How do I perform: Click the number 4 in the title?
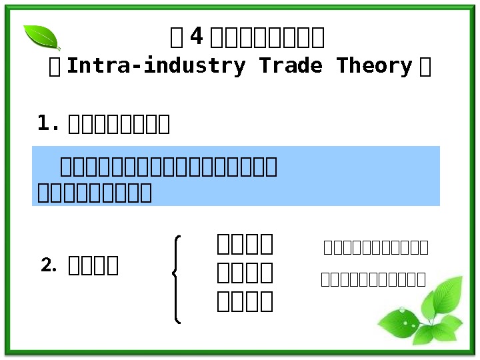pyautogui.click(x=196, y=38)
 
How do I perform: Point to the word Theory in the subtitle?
pyautogui.click(x=375, y=66)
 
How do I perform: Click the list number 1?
pyautogui.click(x=48, y=123)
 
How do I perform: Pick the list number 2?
pyautogui.click(x=49, y=265)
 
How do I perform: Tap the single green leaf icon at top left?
pyautogui.click(x=41, y=37)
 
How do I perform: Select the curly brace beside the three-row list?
pyautogui.click(x=177, y=279)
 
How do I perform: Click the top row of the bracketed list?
pyautogui.click(x=245, y=244)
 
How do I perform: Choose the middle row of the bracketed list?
pyautogui.click(x=245, y=273)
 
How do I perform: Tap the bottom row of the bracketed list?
pyautogui.click(x=245, y=301)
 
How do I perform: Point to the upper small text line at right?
pyautogui.click(x=376, y=248)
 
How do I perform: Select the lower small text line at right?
pyautogui.click(x=373, y=279)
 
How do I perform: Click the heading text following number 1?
pyautogui.click(x=119, y=124)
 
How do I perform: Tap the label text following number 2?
pyautogui.click(x=94, y=265)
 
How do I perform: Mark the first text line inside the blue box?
pyautogui.click(x=169, y=165)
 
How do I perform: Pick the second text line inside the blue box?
pyautogui.click(x=95, y=193)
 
